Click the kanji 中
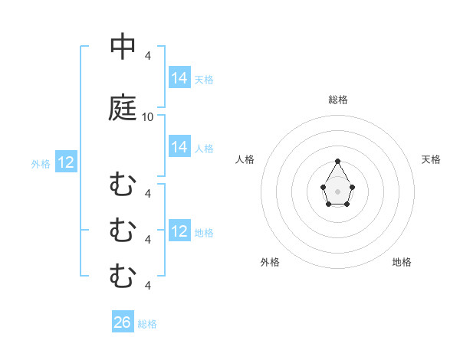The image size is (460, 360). (123, 47)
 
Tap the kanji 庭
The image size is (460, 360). (123, 108)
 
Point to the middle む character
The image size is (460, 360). (123, 230)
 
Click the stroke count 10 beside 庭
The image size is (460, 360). (148, 117)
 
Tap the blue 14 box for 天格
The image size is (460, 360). (179, 78)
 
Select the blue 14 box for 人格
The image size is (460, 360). (179, 147)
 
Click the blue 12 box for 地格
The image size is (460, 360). (179, 231)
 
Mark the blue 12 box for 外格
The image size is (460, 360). (66, 162)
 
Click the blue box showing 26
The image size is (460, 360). (123, 322)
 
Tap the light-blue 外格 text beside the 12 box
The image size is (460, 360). (41, 163)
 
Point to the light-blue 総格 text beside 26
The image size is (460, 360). (147, 324)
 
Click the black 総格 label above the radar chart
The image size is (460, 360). (338, 100)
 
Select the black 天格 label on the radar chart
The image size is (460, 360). (432, 159)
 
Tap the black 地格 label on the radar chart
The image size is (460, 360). (402, 262)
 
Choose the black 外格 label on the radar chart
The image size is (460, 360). (270, 262)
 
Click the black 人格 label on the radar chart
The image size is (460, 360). (245, 159)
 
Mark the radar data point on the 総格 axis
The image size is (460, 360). (338, 162)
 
